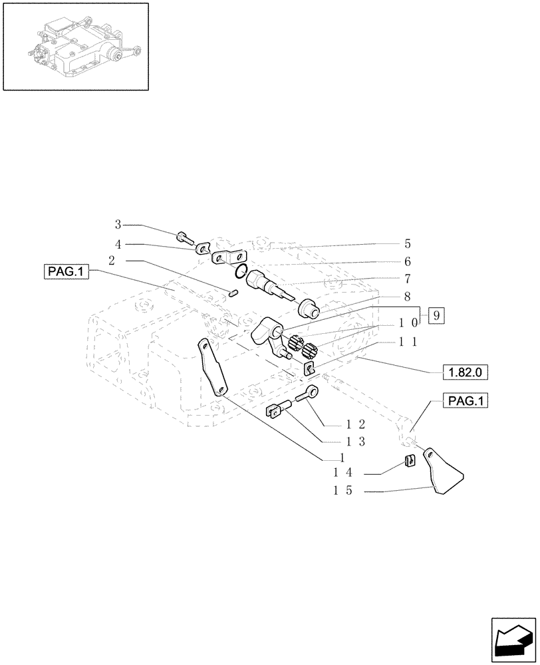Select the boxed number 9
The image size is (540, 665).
[x=435, y=316]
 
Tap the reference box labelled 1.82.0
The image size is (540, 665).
[x=464, y=372]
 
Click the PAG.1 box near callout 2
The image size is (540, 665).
[x=67, y=271]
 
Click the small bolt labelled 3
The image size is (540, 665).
[x=184, y=236]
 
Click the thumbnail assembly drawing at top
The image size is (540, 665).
[x=75, y=46]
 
